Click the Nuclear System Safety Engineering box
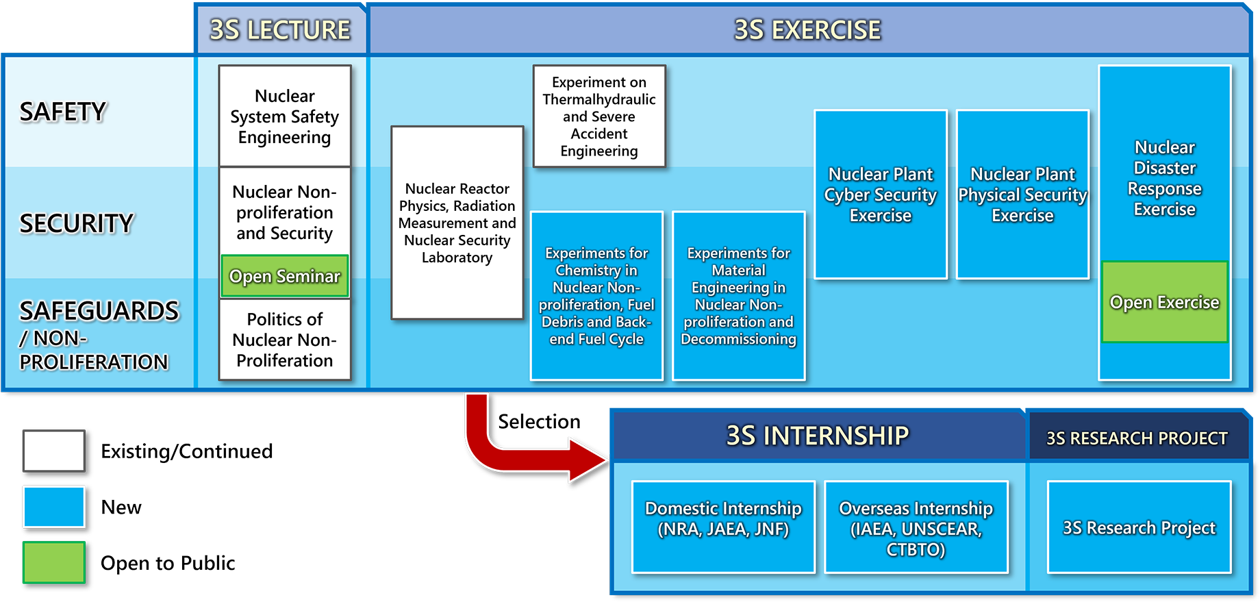[285, 116]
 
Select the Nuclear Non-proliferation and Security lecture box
[285, 211]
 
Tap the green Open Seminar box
[285, 276]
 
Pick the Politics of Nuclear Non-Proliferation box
[285, 340]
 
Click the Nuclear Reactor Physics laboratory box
[457, 223]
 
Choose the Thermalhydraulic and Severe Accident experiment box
[599, 116]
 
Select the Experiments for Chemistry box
[596, 296]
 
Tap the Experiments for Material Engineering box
[739, 296]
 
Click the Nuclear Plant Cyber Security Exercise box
[881, 195]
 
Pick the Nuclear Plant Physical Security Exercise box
[1023, 195]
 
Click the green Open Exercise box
[1165, 302]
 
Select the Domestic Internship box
[724, 527]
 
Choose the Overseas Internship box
[916, 527]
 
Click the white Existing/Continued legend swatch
[54, 451]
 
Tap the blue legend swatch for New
[54, 507]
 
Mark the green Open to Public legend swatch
[54, 562]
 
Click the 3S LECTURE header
[280, 29]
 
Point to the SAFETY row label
[63, 112]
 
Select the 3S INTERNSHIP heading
[818, 436]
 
